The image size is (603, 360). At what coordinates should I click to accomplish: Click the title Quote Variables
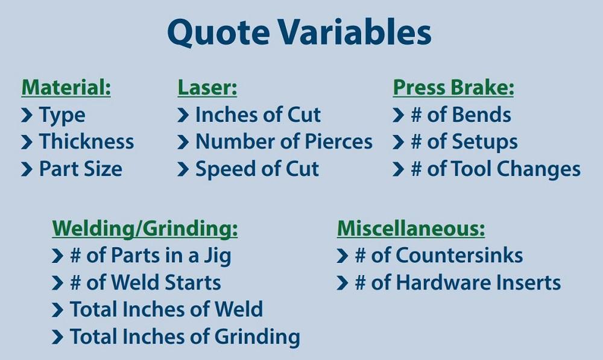299,33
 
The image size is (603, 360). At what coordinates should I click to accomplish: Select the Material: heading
66,88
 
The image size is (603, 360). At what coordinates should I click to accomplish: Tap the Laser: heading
207,88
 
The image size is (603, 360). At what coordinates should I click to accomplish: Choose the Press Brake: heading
453,88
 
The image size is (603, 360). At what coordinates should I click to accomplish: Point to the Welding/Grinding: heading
145,229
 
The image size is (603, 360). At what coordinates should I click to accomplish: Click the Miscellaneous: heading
411,229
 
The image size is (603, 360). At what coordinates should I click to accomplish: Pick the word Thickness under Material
86,142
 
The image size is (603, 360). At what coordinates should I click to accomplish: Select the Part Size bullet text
80,169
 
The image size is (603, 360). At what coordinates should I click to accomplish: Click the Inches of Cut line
258,115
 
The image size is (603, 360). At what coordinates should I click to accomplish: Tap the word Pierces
339,142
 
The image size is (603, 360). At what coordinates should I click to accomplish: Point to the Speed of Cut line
257,169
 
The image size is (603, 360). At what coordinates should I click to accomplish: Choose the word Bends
481,115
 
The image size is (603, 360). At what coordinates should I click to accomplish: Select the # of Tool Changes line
495,169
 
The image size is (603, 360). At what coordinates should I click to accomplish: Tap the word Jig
217,256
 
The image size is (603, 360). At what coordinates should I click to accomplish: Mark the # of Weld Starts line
145,282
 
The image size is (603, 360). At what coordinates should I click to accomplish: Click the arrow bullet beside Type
27,115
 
